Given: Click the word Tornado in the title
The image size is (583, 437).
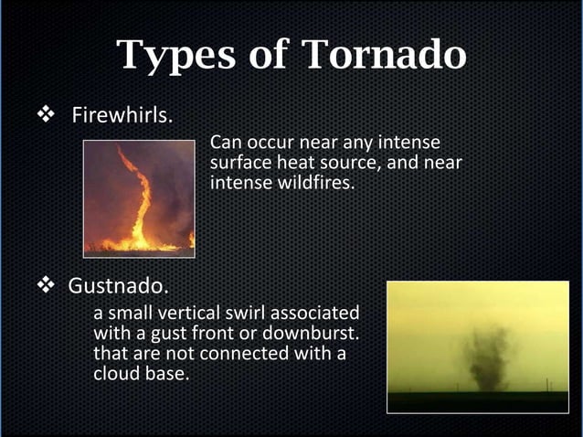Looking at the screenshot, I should click(384, 56).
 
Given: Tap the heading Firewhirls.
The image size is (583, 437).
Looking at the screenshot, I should click(122, 117).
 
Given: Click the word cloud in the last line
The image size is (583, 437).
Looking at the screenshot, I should click(118, 373).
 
